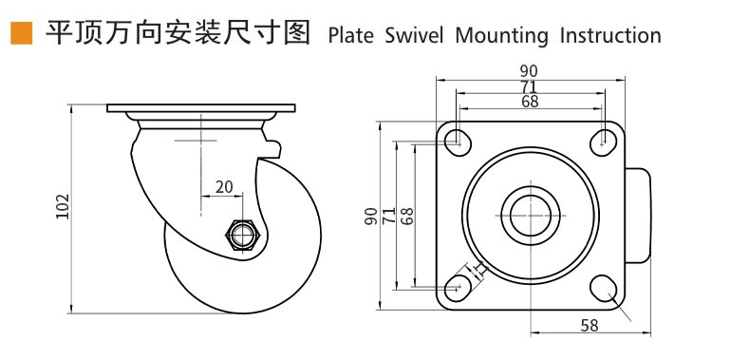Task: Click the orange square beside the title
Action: [22, 33]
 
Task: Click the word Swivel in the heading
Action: [414, 36]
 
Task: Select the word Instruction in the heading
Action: [610, 36]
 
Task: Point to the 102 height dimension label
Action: [63, 206]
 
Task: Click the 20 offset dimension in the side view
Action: [224, 187]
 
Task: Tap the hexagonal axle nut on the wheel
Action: [242, 235]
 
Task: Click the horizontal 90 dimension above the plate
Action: [530, 71]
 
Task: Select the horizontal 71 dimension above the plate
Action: [530, 86]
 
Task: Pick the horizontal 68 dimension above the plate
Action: [530, 102]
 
